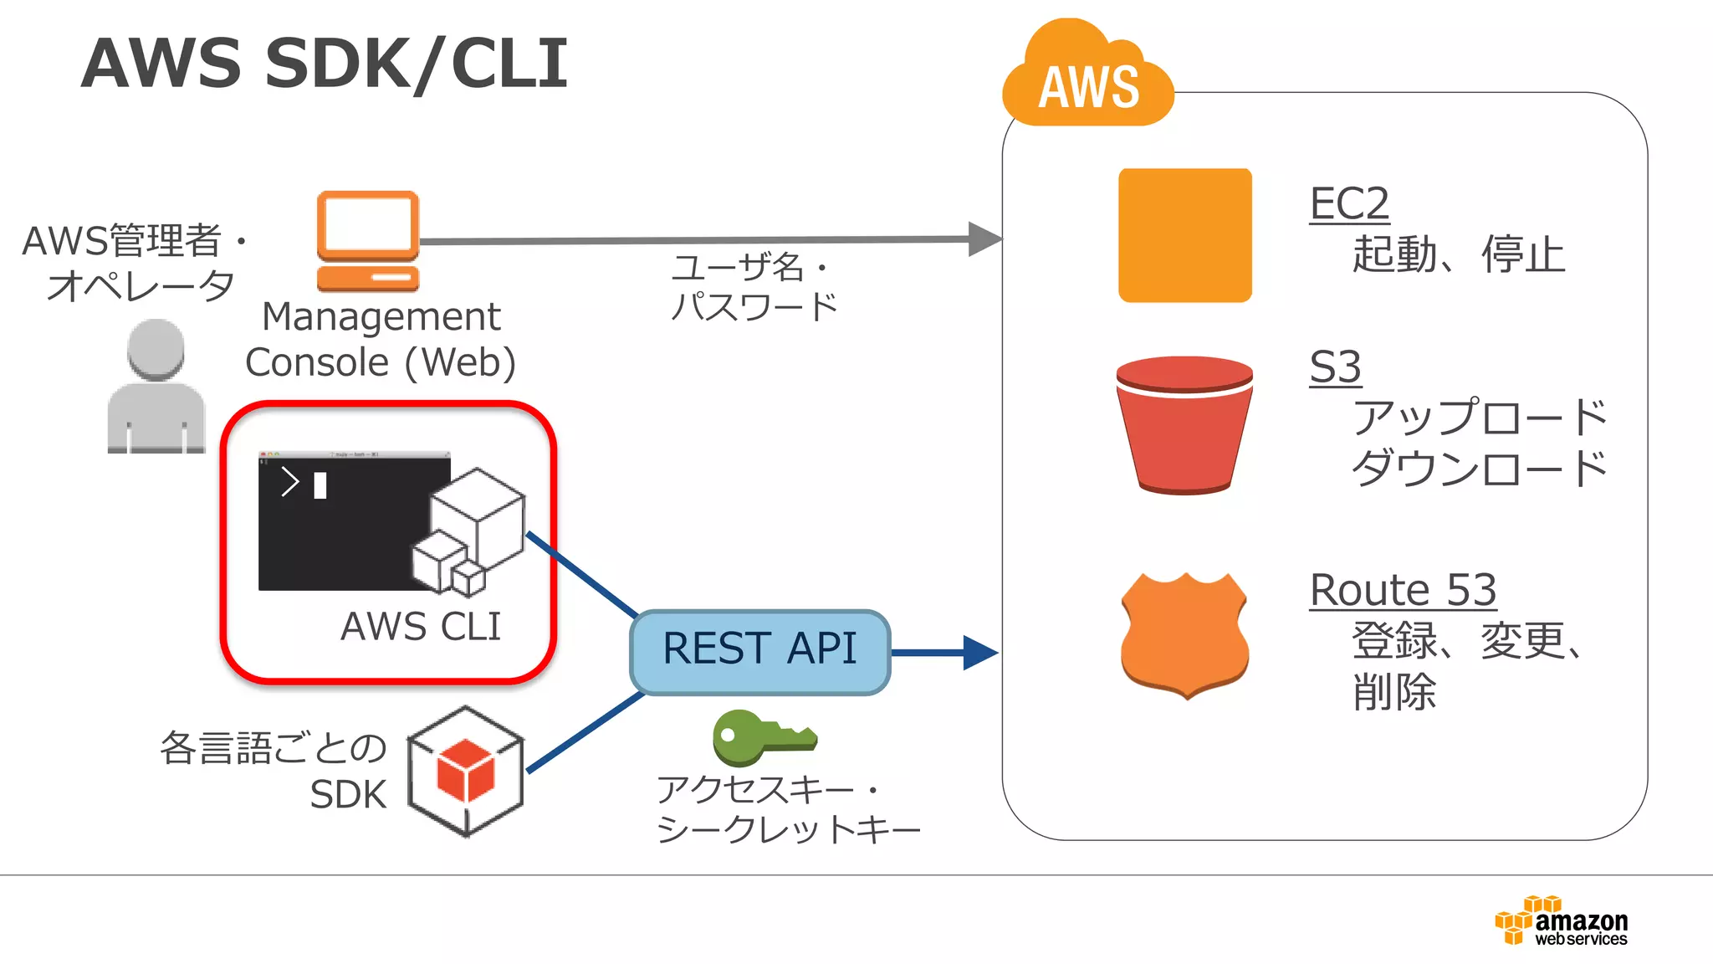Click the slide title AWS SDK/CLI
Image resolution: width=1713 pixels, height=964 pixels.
point(325,64)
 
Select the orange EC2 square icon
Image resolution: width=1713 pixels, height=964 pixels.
point(1184,235)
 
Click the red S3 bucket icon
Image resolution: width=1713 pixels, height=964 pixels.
point(1184,425)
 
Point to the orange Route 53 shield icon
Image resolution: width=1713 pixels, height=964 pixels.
point(1184,636)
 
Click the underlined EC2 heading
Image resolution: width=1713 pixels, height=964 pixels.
point(1348,204)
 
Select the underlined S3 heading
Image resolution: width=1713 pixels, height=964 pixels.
point(1335,367)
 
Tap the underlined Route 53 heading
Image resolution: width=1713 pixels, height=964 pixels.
point(1403,590)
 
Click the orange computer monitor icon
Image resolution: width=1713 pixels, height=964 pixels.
point(368,241)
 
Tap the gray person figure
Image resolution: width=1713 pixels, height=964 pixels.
point(156,387)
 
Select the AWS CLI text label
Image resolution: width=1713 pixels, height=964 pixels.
point(421,627)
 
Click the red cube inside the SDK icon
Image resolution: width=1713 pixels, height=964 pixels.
point(465,770)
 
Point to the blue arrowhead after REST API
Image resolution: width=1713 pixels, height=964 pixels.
point(979,653)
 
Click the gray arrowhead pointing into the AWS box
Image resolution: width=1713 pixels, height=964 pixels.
point(984,239)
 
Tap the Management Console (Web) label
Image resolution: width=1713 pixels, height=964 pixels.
point(381,340)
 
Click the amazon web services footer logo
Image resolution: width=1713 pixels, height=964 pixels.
point(1561,922)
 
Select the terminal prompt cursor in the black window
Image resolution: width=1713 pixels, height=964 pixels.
point(320,485)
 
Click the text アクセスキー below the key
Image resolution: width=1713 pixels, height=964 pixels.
point(754,790)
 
